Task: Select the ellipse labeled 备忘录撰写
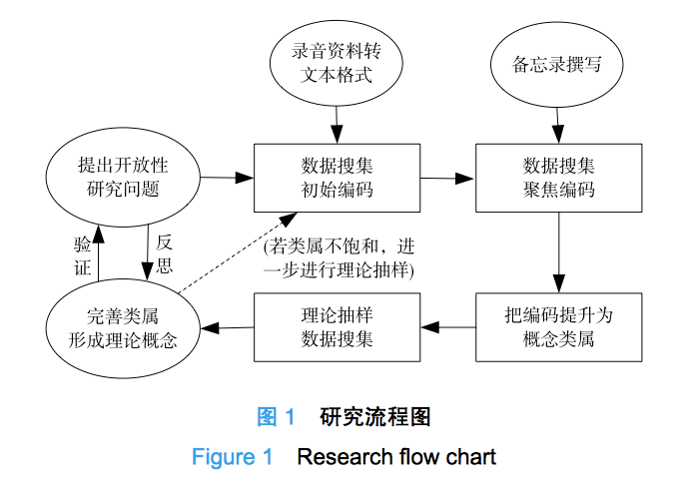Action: click(559, 65)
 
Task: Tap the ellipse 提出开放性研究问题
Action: click(124, 177)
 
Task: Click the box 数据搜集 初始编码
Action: click(337, 178)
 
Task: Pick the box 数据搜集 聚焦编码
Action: click(558, 178)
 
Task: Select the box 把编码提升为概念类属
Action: click(558, 326)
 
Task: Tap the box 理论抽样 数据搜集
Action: click(337, 326)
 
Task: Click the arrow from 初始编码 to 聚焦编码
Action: click(447, 179)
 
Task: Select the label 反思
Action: click(165, 254)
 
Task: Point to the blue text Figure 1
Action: click(232, 458)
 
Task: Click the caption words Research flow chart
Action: click(396, 458)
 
